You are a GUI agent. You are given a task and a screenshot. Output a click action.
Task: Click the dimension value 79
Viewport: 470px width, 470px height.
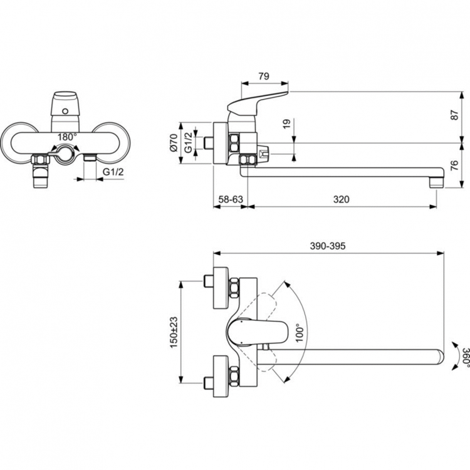(264, 76)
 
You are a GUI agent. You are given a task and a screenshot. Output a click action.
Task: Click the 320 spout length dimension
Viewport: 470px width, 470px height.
(341, 199)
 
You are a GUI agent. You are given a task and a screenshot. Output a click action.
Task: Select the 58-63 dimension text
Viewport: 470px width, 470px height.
(230, 199)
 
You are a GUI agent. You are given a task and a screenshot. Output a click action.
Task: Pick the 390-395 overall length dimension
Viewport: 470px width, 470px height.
(328, 247)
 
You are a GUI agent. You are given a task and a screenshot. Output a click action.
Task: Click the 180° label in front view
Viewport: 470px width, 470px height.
(66, 136)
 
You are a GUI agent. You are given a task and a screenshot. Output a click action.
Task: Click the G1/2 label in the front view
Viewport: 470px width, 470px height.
(113, 171)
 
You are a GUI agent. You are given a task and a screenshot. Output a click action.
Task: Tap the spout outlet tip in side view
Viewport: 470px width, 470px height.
(435, 184)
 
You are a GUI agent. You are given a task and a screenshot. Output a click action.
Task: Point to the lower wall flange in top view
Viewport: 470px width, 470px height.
(219, 376)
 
